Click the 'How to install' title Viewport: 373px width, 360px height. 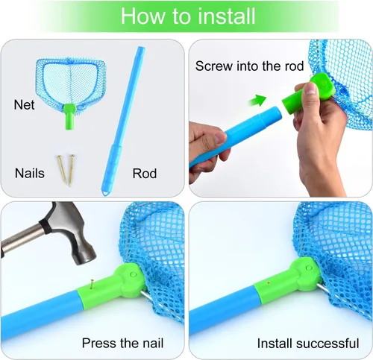[188, 16]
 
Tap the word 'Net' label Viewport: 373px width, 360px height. [24, 104]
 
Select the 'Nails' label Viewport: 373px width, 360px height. [30, 173]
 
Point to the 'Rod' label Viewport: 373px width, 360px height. [145, 174]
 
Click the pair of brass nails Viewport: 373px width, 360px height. [66, 170]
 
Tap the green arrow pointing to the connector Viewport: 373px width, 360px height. [257, 100]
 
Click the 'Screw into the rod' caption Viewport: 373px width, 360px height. [249, 66]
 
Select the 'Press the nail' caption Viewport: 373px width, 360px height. [122, 343]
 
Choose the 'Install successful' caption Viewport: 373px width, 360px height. [308, 344]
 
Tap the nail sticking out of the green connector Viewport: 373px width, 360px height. [93, 284]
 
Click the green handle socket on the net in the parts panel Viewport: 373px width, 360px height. [69, 116]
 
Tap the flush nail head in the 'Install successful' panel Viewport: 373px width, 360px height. [269, 282]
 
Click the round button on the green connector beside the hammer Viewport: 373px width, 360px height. [134, 274]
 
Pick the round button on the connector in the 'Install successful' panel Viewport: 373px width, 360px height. [309, 268]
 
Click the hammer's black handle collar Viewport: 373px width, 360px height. [45, 226]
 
